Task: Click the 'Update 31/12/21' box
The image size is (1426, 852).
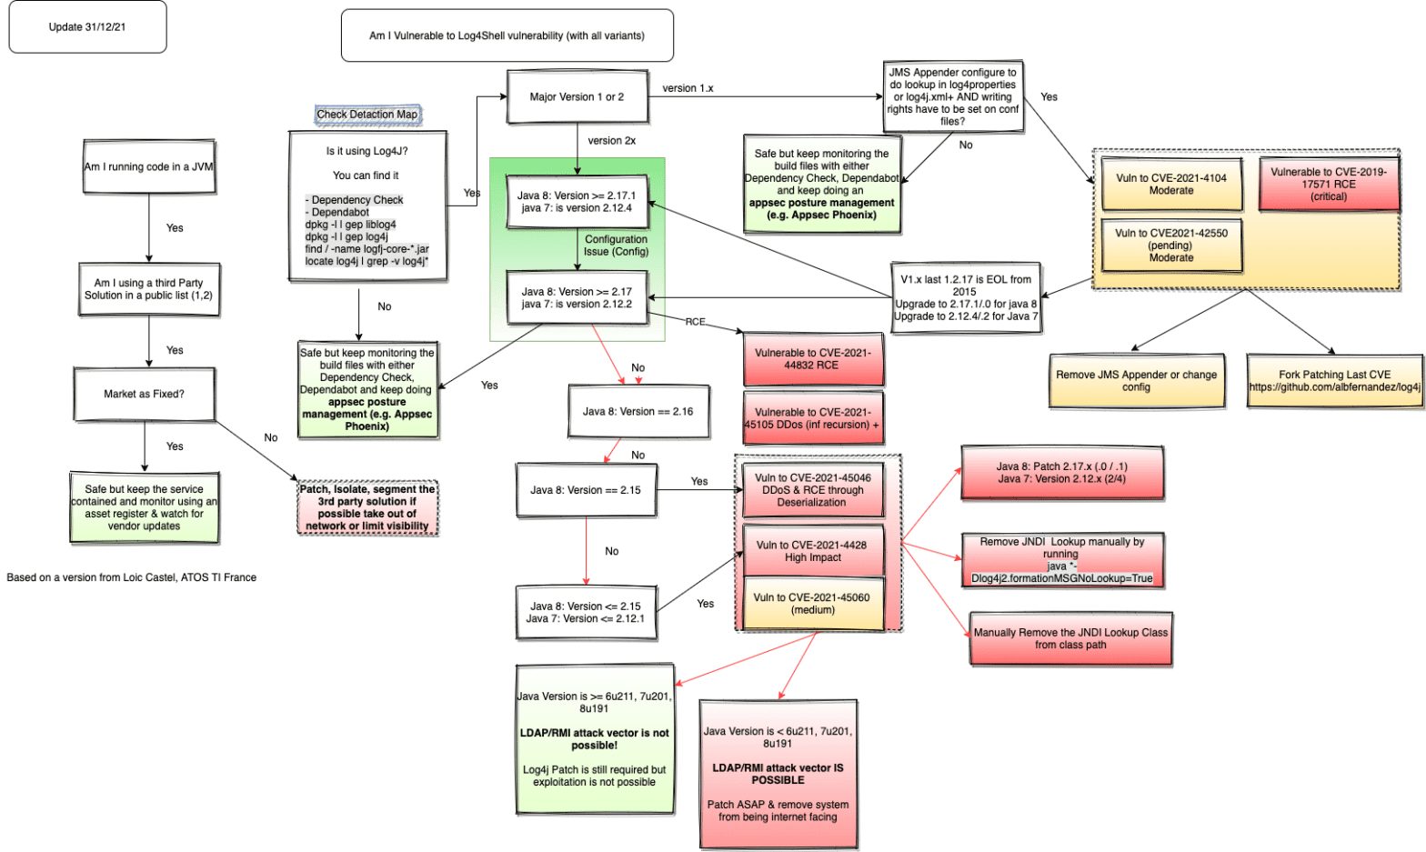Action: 87,27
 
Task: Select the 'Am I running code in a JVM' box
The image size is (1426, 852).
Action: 149,166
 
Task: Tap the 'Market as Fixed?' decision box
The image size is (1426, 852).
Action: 144,394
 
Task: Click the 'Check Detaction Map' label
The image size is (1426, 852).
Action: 367,115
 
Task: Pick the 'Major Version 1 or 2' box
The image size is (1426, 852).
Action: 577,96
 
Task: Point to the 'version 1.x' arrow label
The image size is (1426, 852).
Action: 688,88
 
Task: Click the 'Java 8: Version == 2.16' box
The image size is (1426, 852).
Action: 638,412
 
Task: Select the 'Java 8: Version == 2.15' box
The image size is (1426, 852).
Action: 586,490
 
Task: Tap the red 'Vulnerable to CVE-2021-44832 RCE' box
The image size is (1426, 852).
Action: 812,359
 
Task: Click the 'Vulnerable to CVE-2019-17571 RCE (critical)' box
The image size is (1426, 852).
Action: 1328,184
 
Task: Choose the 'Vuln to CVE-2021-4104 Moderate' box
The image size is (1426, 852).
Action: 1170,185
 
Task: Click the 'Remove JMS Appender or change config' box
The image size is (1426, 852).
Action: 1136,380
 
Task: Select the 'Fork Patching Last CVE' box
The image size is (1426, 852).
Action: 1334,380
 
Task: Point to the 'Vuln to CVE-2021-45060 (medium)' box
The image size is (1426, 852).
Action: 812,603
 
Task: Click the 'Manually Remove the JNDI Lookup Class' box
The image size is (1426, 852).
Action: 1070,638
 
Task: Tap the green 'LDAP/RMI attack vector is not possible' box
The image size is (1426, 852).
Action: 595,738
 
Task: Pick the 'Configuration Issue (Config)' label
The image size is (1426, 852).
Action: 616,246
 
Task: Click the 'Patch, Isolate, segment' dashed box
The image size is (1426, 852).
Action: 367,507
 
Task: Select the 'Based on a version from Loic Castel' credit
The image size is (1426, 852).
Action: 132,577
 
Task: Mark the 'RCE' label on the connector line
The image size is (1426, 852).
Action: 695,322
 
